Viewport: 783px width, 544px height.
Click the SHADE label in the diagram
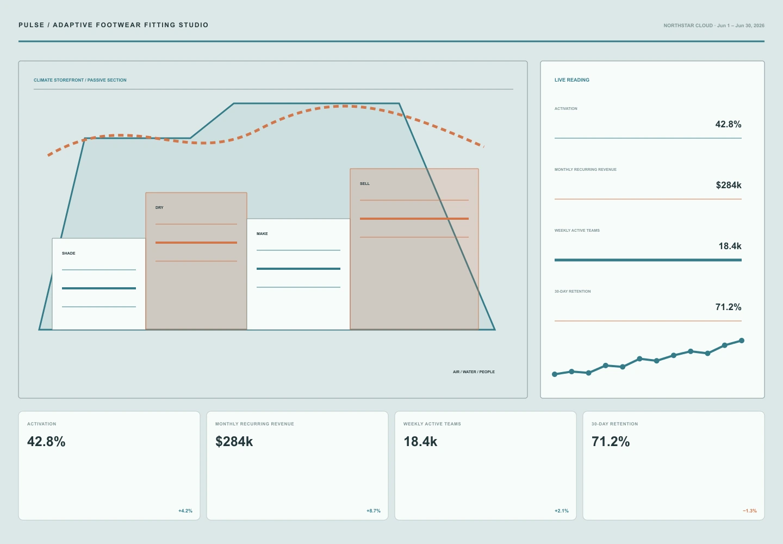click(69, 253)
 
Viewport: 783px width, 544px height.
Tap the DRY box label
click(159, 207)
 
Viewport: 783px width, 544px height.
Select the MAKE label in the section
click(262, 233)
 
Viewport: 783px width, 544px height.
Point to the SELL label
click(364, 183)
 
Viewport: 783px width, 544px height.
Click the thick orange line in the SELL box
click(414, 219)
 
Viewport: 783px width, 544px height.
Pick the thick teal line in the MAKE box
click(298, 269)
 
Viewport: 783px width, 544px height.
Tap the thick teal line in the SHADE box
click(99, 288)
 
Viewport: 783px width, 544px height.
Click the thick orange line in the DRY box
click(196, 242)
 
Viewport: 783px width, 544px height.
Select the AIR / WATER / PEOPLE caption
click(474, 372)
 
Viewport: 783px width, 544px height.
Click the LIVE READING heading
click(572, 80)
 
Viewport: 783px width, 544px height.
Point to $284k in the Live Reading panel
click(729, 185)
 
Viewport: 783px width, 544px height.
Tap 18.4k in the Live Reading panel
click(730, 246)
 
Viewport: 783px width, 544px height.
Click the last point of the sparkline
click(742, 341)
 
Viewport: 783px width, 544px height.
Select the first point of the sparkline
click(555, 374)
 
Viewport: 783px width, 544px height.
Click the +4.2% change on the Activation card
click(185, 511)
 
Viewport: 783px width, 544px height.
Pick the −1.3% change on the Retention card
click(750, 511)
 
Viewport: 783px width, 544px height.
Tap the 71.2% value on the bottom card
click(610, 441)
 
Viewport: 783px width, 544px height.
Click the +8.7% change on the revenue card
click(374, 511)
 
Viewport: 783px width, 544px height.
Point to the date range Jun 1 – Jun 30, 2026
click(741, 26)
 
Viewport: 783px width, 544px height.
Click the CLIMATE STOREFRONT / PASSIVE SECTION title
click(80, 80)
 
